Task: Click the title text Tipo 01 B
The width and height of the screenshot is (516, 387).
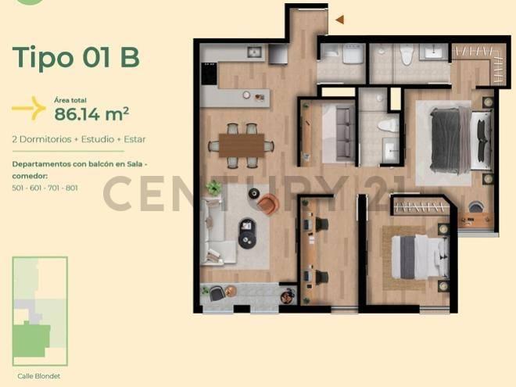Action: (76, 57)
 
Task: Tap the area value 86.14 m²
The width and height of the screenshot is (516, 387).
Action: (91, 113)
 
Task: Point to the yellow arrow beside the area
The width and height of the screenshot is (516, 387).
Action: (29, 108)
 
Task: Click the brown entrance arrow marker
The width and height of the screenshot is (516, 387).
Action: (340, 20)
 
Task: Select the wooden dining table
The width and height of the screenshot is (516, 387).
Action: (242, 145)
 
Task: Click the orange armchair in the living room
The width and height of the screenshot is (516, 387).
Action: (268, 204)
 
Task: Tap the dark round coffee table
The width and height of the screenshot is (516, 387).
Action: (247, 233)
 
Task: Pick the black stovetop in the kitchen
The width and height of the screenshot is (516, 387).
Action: (209, 73)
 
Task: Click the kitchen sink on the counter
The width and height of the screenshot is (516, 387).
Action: (254, 52)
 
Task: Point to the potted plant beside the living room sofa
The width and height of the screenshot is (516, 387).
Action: (214, 188)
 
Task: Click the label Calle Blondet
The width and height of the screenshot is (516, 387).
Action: (39, 376)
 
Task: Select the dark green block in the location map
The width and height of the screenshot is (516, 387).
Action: (31, 340)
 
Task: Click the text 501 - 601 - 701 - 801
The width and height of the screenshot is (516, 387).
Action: (45, 188)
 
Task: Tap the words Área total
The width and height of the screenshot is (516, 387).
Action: (70, 100)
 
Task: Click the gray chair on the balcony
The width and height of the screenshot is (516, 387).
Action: (217, 293)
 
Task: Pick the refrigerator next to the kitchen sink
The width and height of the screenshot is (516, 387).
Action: (278, 54)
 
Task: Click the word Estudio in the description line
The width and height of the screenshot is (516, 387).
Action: (98, 139)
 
